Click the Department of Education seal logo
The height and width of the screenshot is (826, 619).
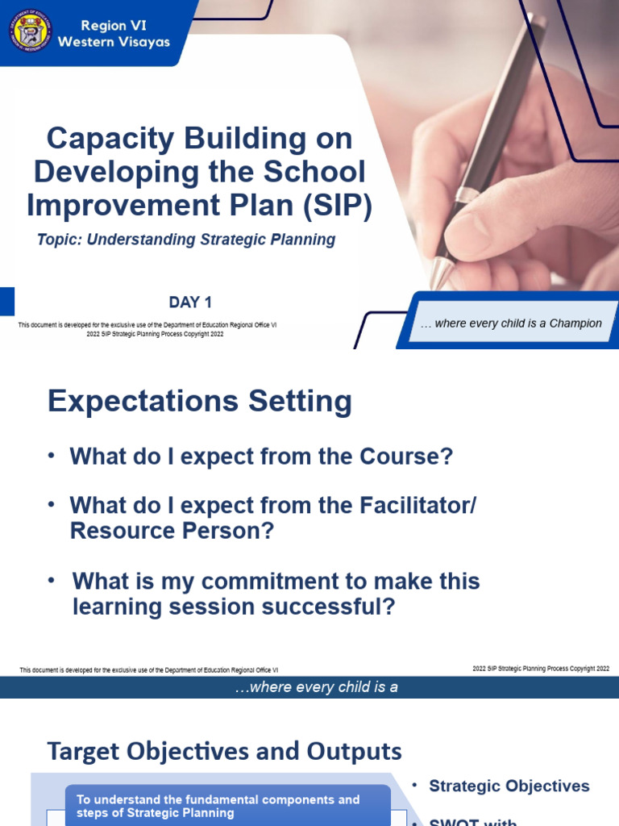tap(31, 31)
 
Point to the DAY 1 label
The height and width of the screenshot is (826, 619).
tap(190, 302)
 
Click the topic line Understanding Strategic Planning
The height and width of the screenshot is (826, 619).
tap(186, 240)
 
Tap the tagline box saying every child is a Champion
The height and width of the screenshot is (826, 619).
tap(511, 323)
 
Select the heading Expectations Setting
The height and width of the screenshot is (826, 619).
tap(199, 401)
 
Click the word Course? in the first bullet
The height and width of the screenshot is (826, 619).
tap(407, 457)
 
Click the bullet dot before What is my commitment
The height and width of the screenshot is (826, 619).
tap(52, 581)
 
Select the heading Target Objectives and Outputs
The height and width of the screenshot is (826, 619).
tap(224, 751)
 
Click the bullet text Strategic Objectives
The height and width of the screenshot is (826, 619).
tap(509, 786)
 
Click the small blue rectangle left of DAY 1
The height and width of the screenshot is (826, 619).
tap(6, 302)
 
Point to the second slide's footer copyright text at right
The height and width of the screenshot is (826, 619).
tap(540, 669)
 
